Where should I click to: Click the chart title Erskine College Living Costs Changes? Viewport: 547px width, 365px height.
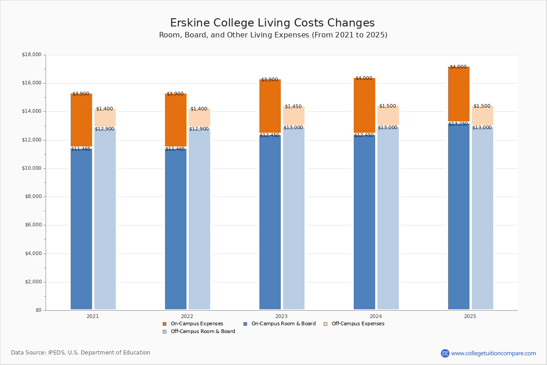(x=272, y=23)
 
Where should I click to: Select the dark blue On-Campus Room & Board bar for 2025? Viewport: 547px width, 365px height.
(x=459, y=217)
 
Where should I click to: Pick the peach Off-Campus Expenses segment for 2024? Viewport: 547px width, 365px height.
(x=388, y=116)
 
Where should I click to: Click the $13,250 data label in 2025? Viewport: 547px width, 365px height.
(x=458, y=124)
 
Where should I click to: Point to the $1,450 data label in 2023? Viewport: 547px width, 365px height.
(x=293, y=107)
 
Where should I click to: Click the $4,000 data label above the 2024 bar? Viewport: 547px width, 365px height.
(x=364, y=78)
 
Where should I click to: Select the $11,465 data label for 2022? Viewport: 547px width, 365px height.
(x=175, y=149)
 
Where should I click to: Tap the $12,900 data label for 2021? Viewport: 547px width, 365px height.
(x=104, y=129)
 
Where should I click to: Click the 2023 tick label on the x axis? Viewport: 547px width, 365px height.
(x=281, y=316)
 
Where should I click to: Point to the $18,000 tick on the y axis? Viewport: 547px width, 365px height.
(x=31, y=55)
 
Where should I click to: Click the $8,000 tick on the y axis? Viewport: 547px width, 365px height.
(x=33, y=197)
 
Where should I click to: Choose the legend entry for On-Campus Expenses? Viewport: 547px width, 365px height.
(x=196, y=324)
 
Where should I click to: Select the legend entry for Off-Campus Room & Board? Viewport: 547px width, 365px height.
(x=202, y=332)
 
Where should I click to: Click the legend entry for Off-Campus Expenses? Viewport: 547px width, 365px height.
(x=357, y=324)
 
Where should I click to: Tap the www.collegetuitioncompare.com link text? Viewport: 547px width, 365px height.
(x=493, y=353)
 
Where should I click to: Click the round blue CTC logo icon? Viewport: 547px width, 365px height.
(x=445, y=353)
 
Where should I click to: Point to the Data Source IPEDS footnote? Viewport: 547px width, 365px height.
(x=81, y=353)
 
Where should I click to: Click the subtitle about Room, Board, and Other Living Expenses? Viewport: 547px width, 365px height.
(x=273, y=35)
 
